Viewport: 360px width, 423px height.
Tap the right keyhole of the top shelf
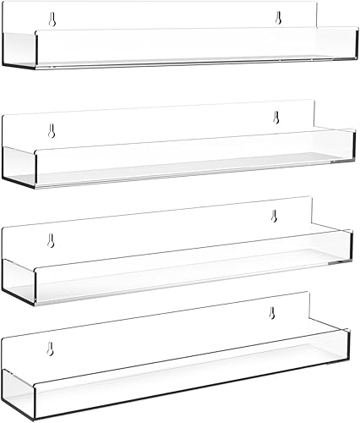click(x=276, y=17)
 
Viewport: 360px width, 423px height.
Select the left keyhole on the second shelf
click(x=52, y=131)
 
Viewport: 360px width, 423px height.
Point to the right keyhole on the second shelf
click(x=275, y=118)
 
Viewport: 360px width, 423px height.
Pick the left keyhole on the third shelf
click(x=51, y=239)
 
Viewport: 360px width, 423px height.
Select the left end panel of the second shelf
click(x=19, y=161)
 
